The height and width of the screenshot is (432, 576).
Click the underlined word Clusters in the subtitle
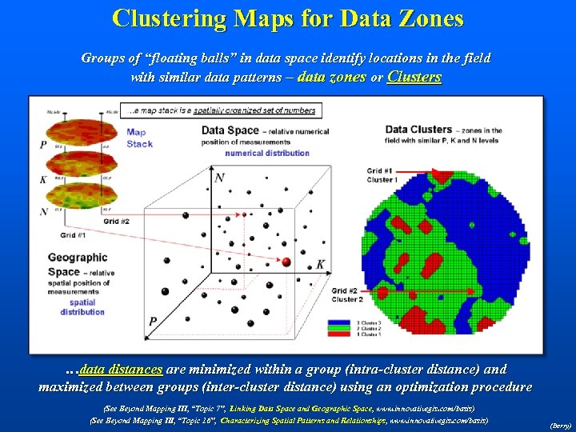point(414,78)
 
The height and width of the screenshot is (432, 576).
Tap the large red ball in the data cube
point(286,262)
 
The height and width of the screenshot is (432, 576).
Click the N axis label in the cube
point(219,177)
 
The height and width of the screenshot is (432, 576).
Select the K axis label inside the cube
point(321,264)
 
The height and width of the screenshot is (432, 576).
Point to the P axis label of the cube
point(152,322)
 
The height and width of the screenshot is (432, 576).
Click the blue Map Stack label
point(139,138)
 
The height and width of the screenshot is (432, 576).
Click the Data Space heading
point(230,130)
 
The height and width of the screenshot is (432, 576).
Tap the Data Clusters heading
point(418,130)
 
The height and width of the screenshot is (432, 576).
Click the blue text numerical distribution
point(266,153)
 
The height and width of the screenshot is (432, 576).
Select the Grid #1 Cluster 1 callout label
point(382,175)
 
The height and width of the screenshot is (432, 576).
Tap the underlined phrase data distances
point(121,369)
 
